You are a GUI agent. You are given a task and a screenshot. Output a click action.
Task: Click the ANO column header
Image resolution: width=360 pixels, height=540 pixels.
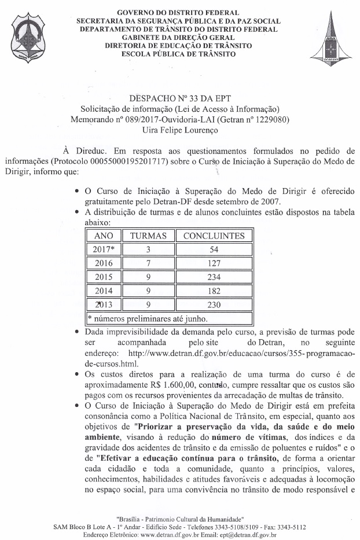click(x=103, y=236)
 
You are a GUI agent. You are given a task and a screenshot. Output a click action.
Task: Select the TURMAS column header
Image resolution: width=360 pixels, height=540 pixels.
click(x=148, y=236)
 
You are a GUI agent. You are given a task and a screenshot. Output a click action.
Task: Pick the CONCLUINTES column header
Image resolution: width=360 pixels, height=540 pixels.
click(x=214, y=236)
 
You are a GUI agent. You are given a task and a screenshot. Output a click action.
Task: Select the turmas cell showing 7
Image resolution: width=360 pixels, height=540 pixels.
click(x=148, y=263)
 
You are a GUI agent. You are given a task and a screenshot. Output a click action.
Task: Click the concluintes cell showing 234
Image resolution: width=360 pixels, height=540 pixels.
click(x=214, y=277)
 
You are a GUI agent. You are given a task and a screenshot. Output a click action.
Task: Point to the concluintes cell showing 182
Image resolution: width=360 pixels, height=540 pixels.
click(x=214, y=291)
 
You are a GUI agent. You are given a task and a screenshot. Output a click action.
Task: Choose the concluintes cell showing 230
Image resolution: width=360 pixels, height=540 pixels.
click(x=214, y=304)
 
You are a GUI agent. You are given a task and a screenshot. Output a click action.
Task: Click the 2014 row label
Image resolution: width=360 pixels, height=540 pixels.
click(x=103, y=291)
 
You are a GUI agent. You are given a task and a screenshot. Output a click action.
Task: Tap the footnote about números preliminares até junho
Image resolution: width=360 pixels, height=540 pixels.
click(x=148, y=318)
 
